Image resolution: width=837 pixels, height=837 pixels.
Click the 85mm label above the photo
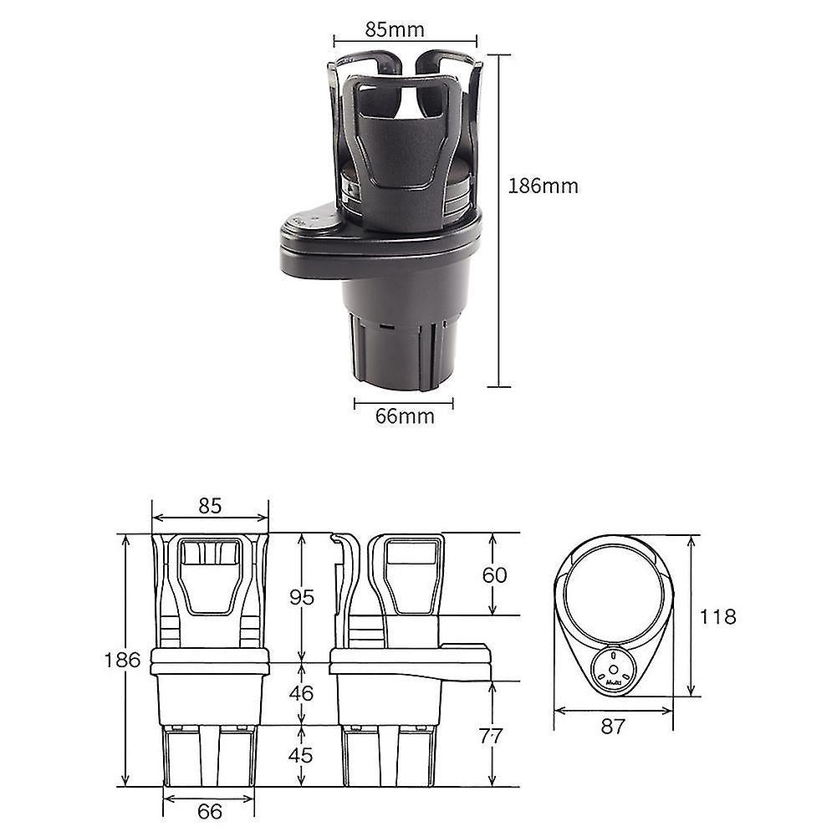395,30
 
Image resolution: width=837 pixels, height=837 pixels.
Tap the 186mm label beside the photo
543,186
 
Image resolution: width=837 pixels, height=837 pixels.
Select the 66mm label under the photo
404,416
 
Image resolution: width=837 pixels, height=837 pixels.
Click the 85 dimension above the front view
210,505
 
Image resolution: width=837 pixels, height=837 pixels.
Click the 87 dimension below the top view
613,727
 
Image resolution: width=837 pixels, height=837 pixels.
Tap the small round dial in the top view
613,669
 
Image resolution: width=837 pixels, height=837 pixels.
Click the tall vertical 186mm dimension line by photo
499,221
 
